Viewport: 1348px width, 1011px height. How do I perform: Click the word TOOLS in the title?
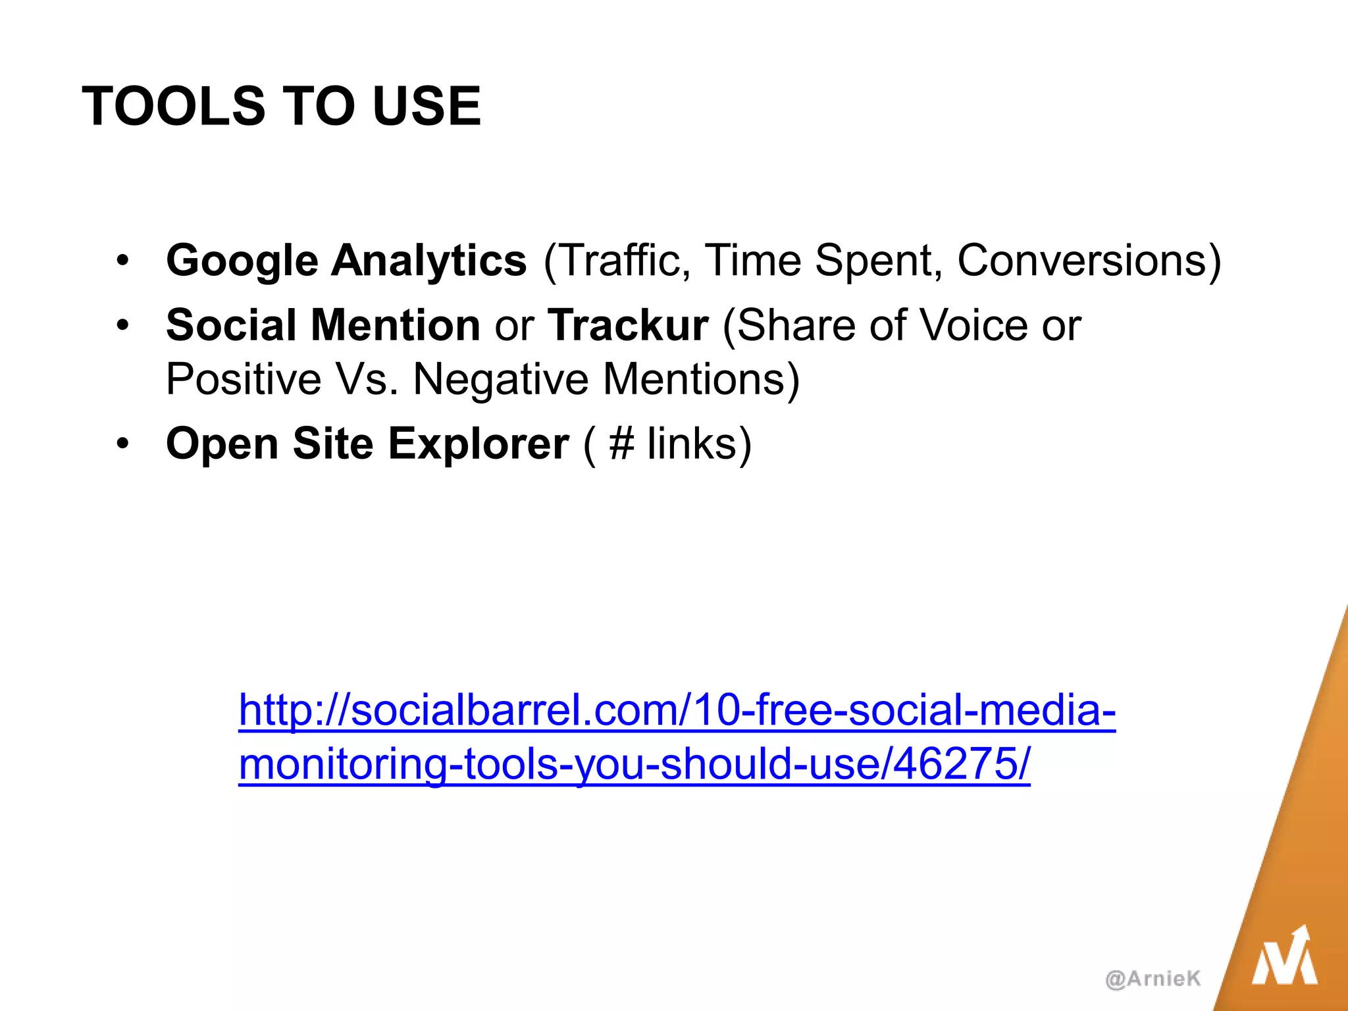click(x=173, y=106)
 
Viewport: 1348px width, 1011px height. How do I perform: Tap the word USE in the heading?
click(x=427, y=106)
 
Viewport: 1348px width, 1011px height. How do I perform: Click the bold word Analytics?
click(x=428, y=261)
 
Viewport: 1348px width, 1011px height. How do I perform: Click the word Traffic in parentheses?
click(x=623, y=261)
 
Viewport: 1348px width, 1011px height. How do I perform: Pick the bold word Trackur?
click(x=628, y=325)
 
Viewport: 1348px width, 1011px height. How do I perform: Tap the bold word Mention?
click(x=395, y=325)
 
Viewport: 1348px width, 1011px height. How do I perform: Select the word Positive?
click(x=243, y=380)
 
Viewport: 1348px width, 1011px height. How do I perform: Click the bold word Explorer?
click(x=479, y=444)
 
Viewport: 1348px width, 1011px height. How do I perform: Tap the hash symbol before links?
click(x=621, y=444)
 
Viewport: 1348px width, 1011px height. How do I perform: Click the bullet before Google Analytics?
click(x=122, y=261)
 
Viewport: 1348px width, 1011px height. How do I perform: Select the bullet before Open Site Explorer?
click(x=122, y=444)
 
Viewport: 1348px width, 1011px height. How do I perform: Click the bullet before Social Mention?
click(x=122, y=325)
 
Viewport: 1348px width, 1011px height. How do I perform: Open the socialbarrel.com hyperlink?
click(x=677, y=711)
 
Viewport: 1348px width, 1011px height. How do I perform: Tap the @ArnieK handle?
click(x=1153, y=979)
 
